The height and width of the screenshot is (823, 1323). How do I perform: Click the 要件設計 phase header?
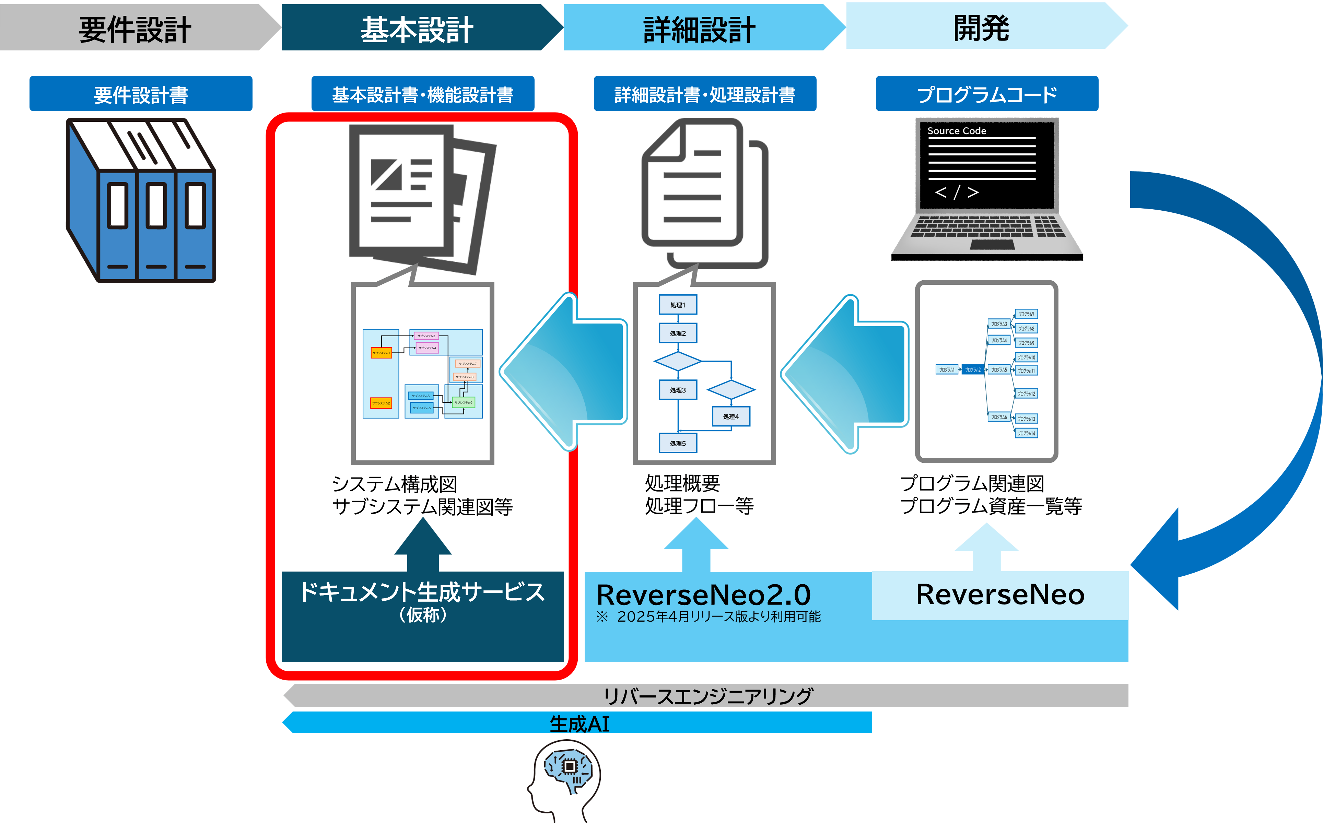tap(135, 30)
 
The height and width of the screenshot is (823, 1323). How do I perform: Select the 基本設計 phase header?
tap(417, 30)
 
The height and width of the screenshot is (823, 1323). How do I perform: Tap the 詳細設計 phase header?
tap(699, 30)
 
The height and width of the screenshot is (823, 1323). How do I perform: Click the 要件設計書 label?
tap(141, 95)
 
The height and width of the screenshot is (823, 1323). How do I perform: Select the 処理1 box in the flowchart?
tap(678, 305)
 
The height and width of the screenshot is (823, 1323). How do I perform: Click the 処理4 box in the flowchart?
tap(731, 417)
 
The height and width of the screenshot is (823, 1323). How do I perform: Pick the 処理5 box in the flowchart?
tap(678, 444)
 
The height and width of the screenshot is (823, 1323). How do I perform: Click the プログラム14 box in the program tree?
tap(1027, 433)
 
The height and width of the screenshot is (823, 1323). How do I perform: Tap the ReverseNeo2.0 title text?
tap(703, 595)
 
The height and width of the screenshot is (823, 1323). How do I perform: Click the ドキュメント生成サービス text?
tap(422, 592)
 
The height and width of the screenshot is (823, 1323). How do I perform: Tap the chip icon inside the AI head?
tap(569, 766)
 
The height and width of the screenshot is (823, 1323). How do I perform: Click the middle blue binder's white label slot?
tap(156, 206)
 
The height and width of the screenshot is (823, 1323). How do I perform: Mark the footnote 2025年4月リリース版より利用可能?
tap(718, 617)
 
